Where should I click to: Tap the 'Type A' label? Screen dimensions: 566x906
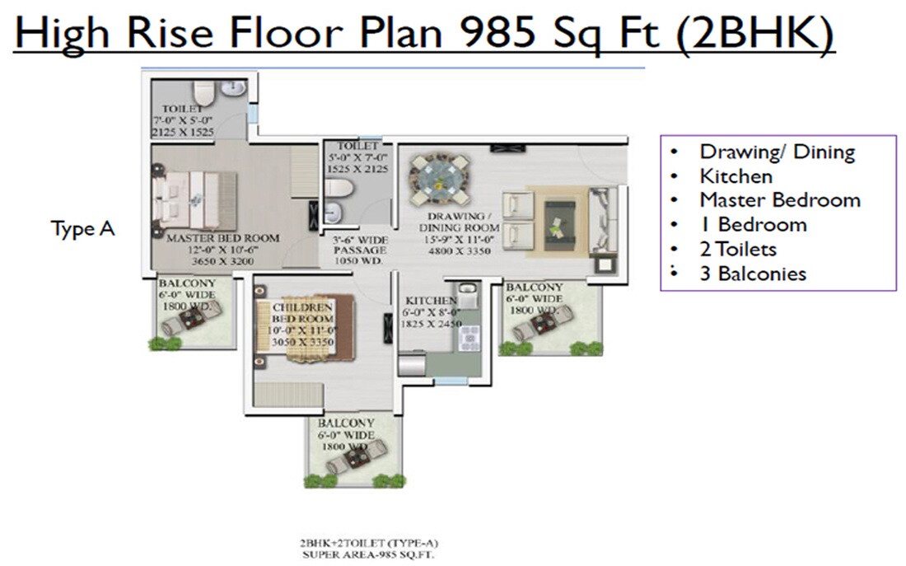pyautogui.click(x=82, y=229)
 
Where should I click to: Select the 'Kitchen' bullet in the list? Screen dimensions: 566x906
pyautogui.click(x=736, y=176)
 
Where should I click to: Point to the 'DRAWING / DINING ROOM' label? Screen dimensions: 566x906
pyautogui.click(x=459, y=222)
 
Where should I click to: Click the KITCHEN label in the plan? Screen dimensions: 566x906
pyautogui.click(x=430, y=301)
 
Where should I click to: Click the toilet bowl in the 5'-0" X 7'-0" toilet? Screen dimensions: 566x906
pyautogui.click(x=338, y=192)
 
